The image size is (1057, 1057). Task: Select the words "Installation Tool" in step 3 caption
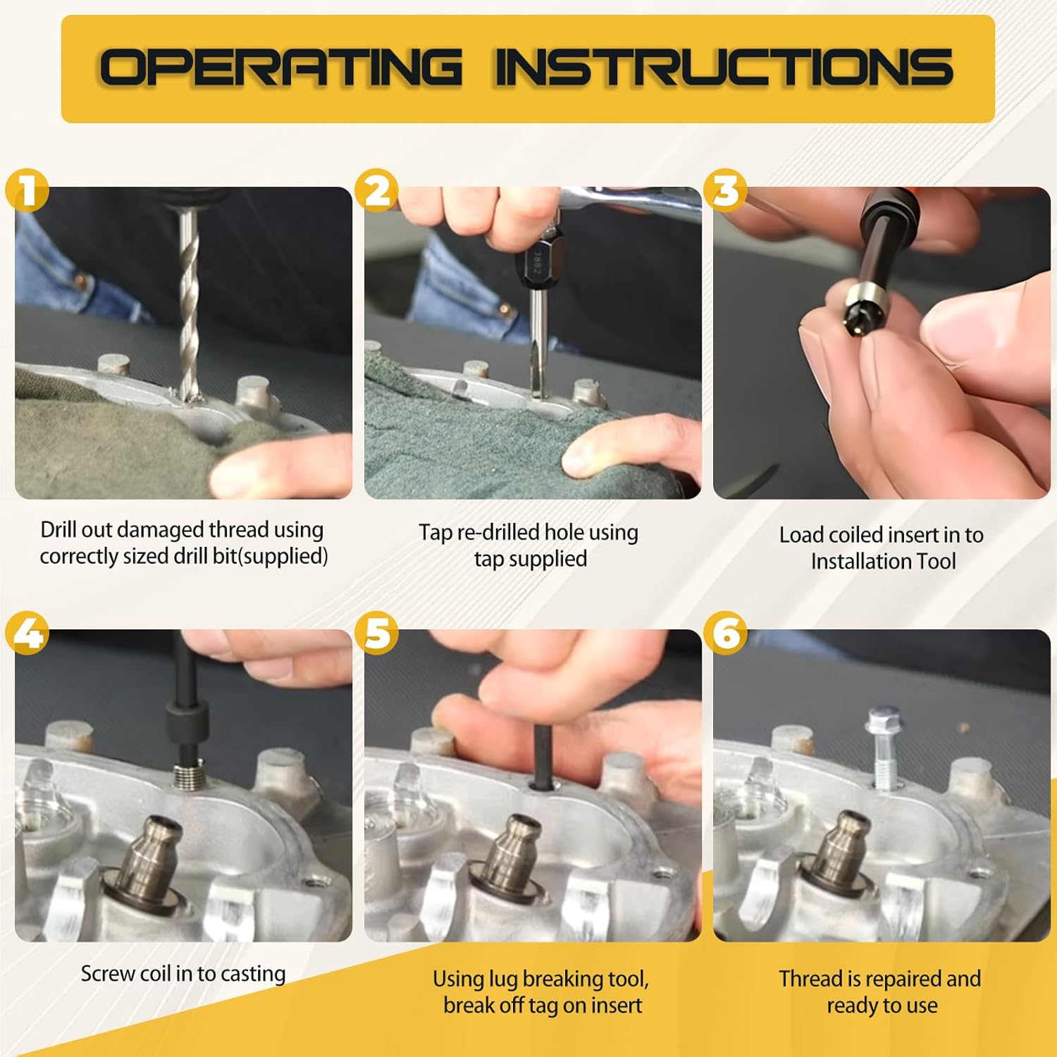coord(883,562)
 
